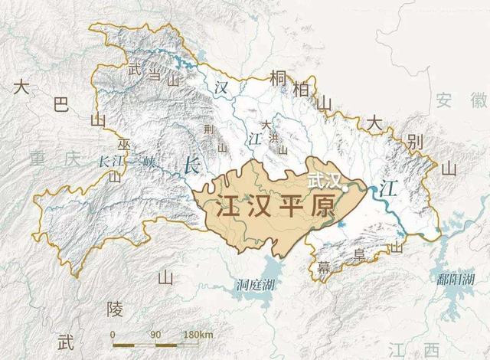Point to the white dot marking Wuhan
point(345,185)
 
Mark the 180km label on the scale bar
point(197,335)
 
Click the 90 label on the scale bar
point(155,335)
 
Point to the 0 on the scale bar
point(113,335)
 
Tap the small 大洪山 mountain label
point(266,135)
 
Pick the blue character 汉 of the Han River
point(222,87)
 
